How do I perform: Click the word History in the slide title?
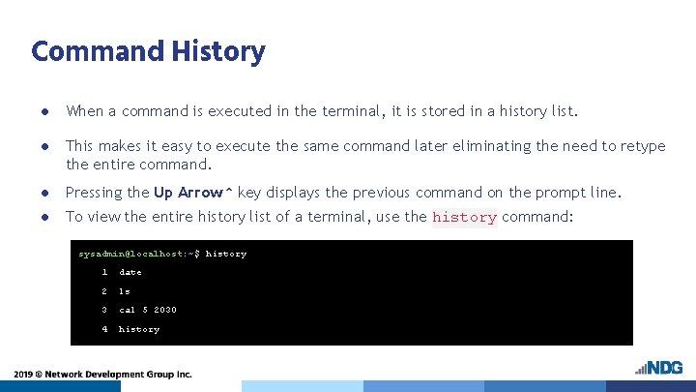click(x=219, y=50)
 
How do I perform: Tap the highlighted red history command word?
click(x=464, y=218)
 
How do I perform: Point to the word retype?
click(x=642, y=145)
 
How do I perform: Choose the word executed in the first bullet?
click(x=233, y=111)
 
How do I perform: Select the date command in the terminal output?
click(x=130, y=272)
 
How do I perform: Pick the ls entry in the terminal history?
click(x=124, y=290)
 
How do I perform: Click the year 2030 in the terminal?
click(x=164, y=310)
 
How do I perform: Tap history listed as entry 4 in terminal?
click(x=139, y=329)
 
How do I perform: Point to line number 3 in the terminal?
click(x=104, y=310)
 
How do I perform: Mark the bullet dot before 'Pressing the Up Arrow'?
click(x=44, y=193)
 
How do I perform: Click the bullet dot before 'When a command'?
click(x=44, y=111)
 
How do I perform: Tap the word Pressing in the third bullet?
click(x=93, y=192)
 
